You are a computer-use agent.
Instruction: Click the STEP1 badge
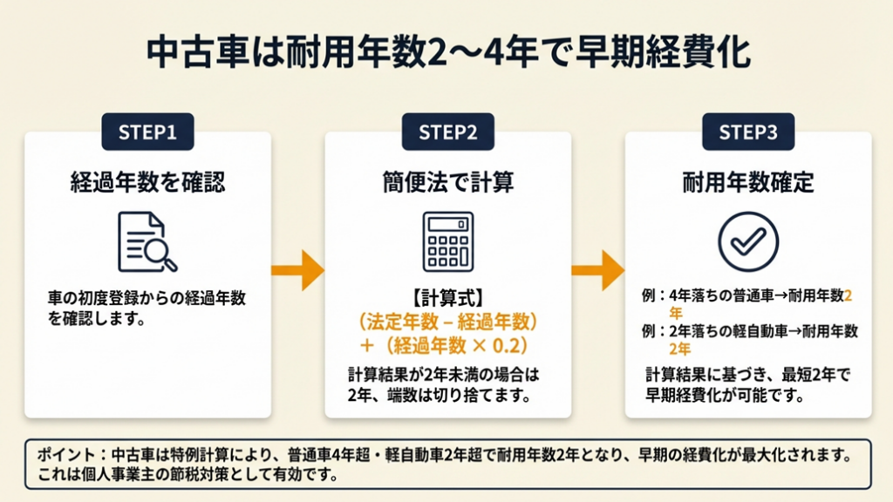click(x=147, y=132)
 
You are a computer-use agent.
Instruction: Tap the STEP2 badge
click(x=447, y=132)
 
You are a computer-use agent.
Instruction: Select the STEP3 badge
click(x=747, y=132)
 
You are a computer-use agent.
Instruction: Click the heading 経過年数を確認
click(x=147, y=182)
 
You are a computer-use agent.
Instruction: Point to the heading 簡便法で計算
click(x=447, y=182)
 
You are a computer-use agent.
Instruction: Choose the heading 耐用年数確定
click(x=747, y=182)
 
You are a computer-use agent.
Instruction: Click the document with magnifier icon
click(x=147, y=241)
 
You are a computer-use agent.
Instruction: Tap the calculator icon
click(x=447, y=241)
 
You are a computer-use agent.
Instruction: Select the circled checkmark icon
click(x=747, y=241)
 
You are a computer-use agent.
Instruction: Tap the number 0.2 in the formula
click(x=508, y=345)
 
